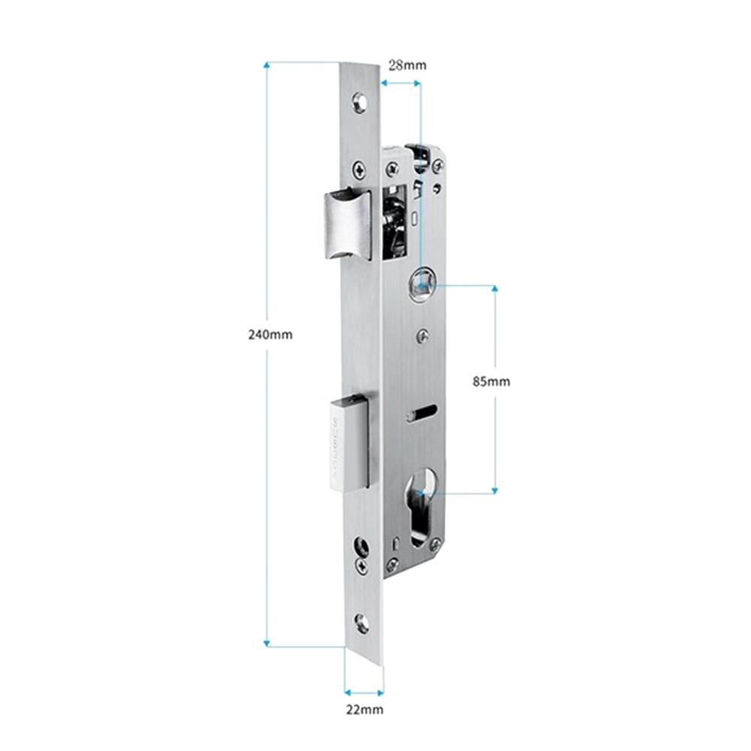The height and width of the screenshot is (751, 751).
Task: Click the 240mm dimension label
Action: (270, 334)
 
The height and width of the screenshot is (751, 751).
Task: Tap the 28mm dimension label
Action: (407, 65)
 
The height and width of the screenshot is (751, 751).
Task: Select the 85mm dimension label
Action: (491, 382)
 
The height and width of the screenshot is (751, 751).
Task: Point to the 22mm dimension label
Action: (365, 710)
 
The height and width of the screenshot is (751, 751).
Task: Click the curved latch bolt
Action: (347, 225)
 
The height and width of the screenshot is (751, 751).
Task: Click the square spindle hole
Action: (421, 286)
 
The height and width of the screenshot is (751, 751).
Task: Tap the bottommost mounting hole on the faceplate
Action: (362, 623)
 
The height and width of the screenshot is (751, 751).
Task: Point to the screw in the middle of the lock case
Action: (422, 336)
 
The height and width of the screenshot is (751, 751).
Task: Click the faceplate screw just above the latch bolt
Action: (360, 168)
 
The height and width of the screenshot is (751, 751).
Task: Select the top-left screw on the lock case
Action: (393, 168)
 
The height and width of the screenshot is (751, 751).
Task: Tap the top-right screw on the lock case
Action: (438, 166)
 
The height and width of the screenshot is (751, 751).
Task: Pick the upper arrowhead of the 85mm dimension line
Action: (495, 288)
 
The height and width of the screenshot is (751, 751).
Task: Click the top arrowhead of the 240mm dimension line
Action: (267, 65)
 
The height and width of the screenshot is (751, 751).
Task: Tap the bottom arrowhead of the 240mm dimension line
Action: (267, 644)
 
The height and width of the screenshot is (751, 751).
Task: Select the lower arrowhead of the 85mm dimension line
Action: (495, 490)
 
